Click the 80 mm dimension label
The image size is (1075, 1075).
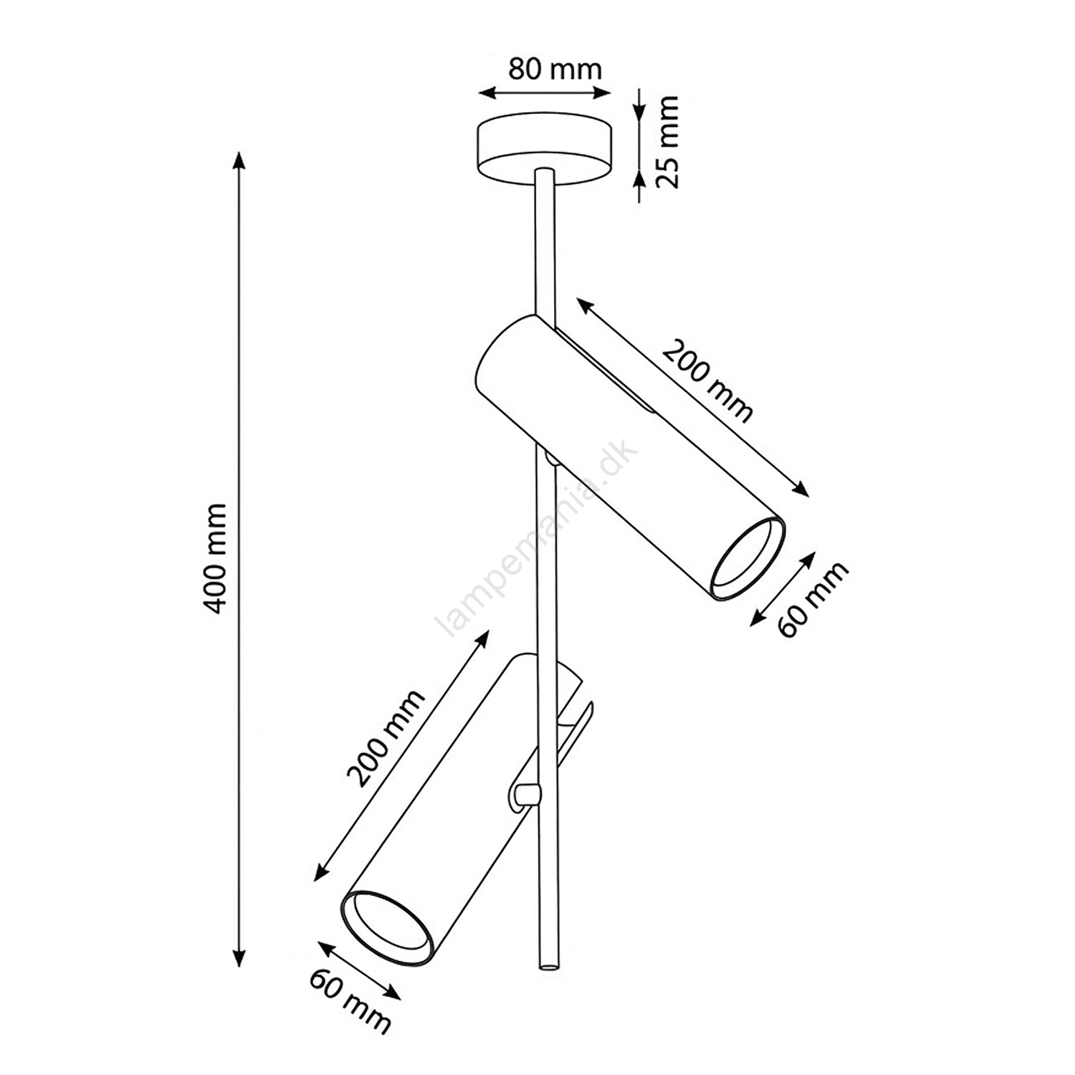[x=555, y=69]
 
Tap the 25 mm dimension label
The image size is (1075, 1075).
[x=667, y=141]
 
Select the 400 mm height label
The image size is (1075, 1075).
[x=216, y=558]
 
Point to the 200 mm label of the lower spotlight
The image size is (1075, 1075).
[x=386, y=738]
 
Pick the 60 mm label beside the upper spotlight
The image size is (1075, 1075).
[x=813, y=599]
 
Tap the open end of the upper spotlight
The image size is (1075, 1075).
[x=747, y=559]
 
